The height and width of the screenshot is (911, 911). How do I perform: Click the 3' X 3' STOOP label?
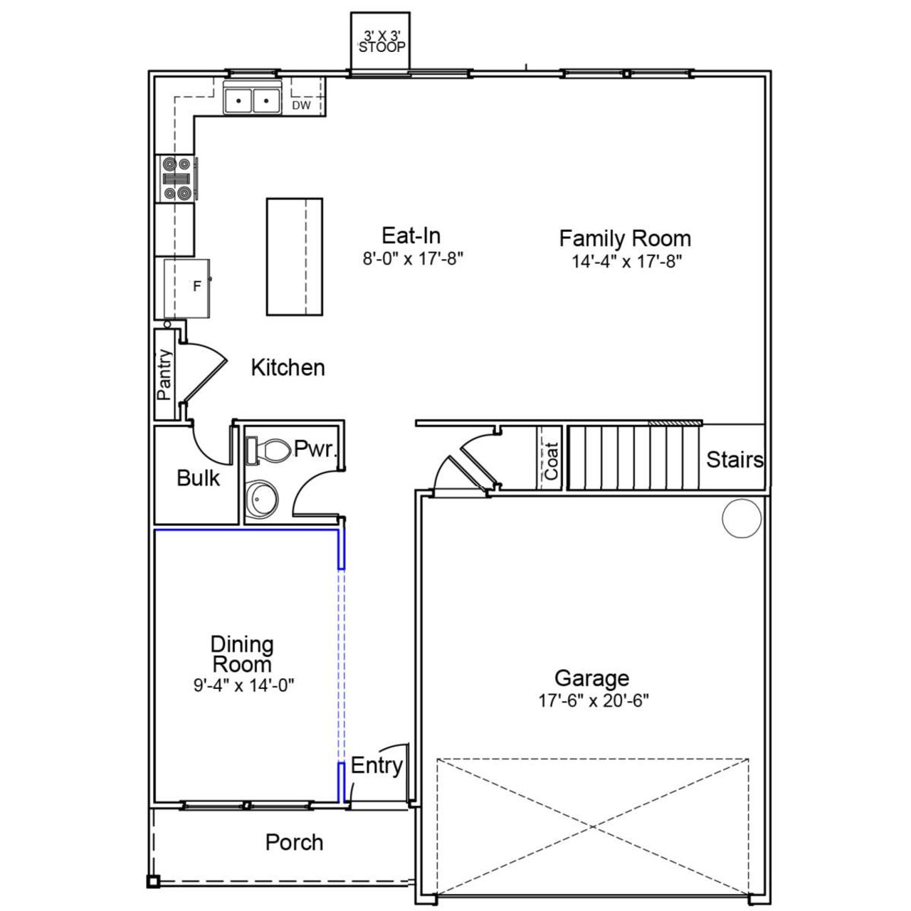[x=381, y=42]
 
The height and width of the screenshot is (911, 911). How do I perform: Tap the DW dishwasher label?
[x=302, y=105]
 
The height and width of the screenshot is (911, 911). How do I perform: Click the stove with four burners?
[x=177, y=177]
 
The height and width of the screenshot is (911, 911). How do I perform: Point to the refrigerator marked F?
[x=188, y=288]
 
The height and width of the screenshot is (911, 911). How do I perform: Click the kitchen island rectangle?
[x=294, y=256]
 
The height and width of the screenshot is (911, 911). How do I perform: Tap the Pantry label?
[x=164, y=374]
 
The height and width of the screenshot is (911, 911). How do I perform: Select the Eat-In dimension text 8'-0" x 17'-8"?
[x=413, y=258]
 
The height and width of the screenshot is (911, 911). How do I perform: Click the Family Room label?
[x=625, y=238]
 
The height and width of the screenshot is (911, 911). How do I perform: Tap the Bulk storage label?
[x=198, y=478]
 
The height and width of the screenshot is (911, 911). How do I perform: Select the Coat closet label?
[x=551, y=460]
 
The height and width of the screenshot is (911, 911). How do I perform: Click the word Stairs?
[x=734, y=460]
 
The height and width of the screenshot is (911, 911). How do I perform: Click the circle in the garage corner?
[x=742, y=517]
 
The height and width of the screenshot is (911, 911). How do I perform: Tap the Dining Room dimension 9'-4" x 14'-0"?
[x=243, y=685]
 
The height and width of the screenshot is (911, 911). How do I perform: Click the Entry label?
[x=376, y=766]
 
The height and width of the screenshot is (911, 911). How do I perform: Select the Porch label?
[x=294, y=843]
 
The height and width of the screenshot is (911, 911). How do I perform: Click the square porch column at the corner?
[x=152, y=882]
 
